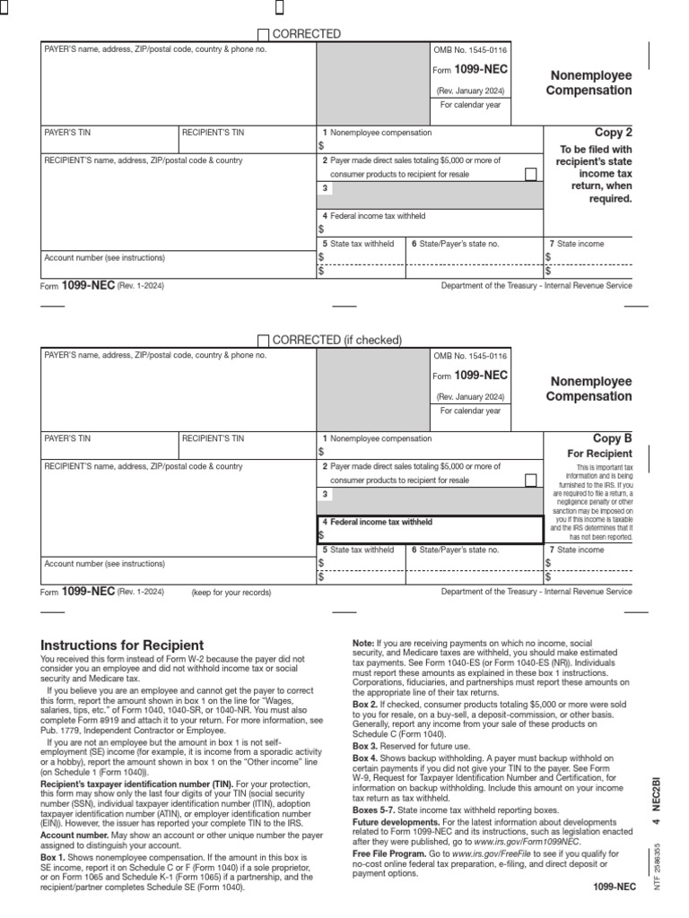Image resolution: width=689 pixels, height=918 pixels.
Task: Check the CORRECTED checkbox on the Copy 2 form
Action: (263, 35)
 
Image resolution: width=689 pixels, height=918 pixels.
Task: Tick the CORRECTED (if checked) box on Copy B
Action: (263, 341)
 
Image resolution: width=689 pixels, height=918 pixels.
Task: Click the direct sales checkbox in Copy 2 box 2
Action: (531, 174)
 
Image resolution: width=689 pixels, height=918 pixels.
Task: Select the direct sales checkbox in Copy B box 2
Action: (531, 480)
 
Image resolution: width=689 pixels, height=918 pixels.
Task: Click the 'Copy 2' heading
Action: (614, 133)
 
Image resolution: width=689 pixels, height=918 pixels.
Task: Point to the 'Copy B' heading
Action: (613, 438)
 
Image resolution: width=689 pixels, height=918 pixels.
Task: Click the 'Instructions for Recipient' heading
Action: (123, 645)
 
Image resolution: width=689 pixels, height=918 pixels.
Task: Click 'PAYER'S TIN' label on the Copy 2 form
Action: (68, 133)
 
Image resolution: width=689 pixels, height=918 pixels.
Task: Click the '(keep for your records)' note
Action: (231, 593)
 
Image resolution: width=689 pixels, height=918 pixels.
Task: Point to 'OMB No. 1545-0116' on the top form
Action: (471, 50)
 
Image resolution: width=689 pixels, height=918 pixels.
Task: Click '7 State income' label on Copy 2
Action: (577, 244)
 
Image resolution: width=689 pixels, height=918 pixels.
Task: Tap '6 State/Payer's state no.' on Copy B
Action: (455, 550)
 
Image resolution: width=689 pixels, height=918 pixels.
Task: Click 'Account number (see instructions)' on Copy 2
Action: (105, 258)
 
